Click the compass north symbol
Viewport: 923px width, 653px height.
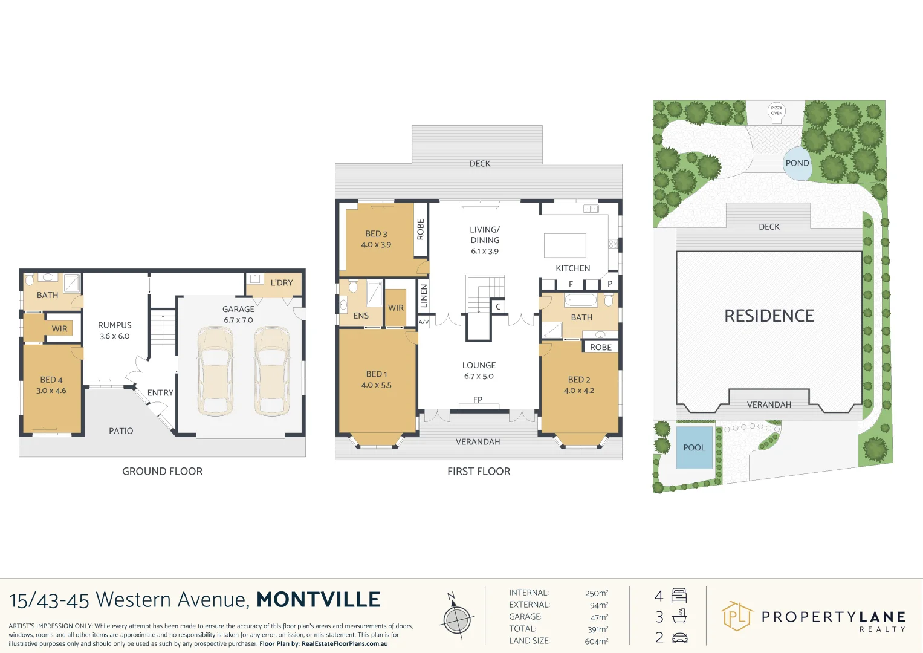(457, 619)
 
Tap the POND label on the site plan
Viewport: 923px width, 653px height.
(797, 163)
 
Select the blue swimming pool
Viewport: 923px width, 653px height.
(694, 447)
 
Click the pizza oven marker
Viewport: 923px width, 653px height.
(776, 111)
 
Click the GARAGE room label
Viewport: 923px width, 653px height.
(238, 309)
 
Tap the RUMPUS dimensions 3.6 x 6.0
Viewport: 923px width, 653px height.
(114, 336)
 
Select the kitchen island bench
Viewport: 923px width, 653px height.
(565, 245)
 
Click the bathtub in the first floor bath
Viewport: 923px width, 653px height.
(580, 300)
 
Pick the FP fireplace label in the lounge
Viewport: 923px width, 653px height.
(478, 400)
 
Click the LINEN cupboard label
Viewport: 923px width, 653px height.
(424, 296)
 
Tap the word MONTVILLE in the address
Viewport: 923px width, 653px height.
(319, 599)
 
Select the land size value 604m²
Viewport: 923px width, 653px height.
(596, 641)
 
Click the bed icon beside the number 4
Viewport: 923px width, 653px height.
(679, 596)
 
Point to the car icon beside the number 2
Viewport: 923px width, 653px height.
(679, 638)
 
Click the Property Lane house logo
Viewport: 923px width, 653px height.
(737, 617)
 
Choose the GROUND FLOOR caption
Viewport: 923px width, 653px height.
(162, 472)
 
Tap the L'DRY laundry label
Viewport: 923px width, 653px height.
(281, 283)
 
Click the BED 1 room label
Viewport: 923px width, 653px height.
(376, 374)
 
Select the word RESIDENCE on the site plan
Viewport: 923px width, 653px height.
(769, 316)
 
